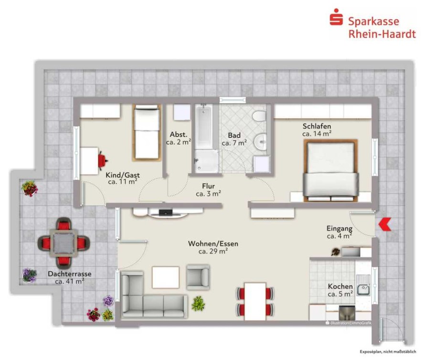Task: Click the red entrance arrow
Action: tap(384, 224)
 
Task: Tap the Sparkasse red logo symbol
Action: tap(336, 17)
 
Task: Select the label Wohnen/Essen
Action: tap(213, 244)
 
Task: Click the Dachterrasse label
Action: tap(70, 274)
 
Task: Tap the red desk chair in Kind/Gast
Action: tap(103, 161)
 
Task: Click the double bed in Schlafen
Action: tap(331, 171)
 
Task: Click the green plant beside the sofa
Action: tap(198, 303)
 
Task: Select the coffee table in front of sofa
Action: tap(166, 277)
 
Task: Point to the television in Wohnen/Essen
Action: tap(166, 212)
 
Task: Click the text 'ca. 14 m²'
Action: tap(317, 133)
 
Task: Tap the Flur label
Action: tap(208, 186)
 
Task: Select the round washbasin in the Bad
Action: tap(260, 142)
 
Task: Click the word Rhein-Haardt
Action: tap(382, 34)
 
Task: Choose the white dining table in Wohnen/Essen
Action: tap(255, 301)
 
